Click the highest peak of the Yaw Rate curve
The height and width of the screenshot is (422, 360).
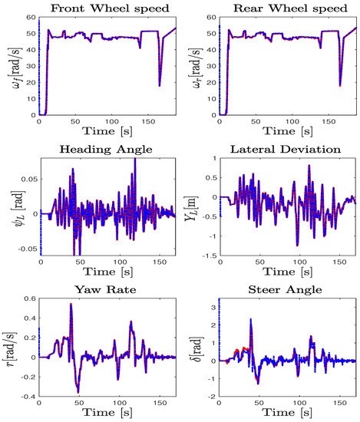71,305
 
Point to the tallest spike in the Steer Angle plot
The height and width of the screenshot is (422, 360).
250,320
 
